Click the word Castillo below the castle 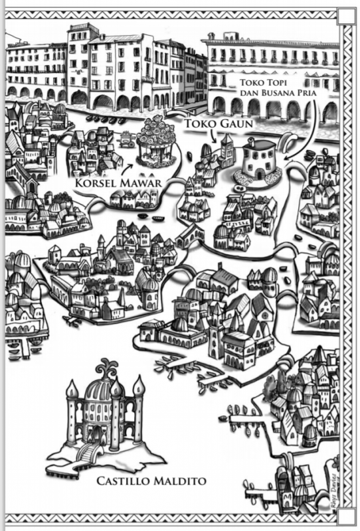coord(123,481)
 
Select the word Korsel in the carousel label coord(93,183)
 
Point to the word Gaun coord(236,123)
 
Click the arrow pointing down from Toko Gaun coord(212,136)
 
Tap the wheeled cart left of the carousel coord(126,139)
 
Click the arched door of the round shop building coord(260,174)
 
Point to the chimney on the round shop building coord(251,141)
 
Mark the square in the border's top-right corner coord(346,17)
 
